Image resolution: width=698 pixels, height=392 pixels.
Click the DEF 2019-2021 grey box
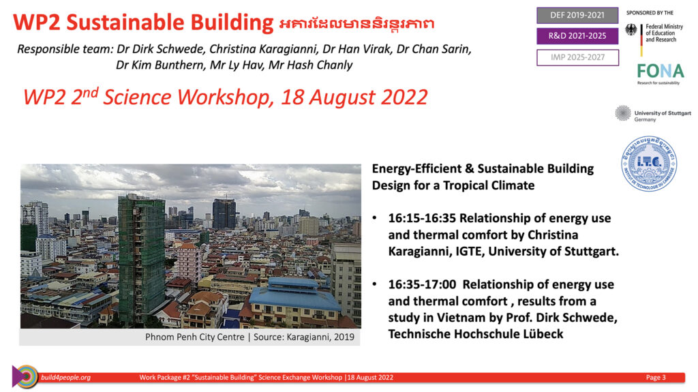point(577,15)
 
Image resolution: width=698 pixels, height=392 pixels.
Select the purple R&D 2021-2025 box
point(577,36)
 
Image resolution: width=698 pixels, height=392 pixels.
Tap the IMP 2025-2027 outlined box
point(577,57)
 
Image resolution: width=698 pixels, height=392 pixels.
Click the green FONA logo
point(660,73)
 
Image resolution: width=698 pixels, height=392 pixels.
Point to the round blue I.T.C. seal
point(649,164)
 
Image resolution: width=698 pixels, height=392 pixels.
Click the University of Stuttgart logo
point(653,114)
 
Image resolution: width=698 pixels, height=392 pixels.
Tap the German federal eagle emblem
point(631,30)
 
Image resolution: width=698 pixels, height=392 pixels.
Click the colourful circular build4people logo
point(25,377)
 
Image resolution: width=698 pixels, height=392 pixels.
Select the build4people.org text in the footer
point(66,377)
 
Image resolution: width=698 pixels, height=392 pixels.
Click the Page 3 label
point(656,377)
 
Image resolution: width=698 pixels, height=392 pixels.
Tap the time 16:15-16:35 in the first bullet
point(422,218)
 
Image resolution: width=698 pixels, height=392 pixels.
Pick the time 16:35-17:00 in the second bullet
point(422,284)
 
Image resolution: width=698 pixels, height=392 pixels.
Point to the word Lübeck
point(543,334)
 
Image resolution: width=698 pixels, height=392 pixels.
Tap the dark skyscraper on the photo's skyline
point(224,214)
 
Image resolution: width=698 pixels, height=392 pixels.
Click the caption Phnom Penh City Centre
point(194,337)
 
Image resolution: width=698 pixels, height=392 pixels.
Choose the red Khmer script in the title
point(356,24)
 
